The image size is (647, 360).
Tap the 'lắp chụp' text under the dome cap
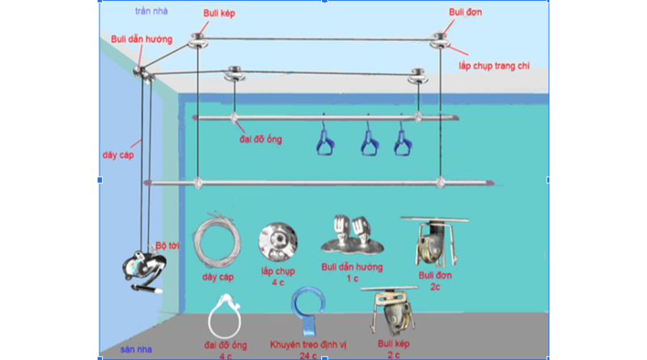pyautogui.click(x=275, y=273)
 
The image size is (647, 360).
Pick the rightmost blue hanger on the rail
pyautogui.click(x=401, y=142)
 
